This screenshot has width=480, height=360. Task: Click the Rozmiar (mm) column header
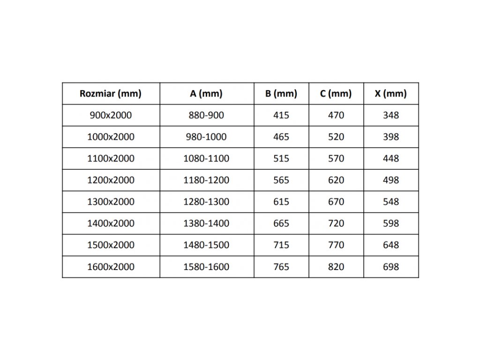pos(111,94)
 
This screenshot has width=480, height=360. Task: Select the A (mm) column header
pos(206,94)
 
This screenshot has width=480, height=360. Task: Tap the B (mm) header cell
pos(281,94)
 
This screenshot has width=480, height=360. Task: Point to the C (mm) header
pos(336,94)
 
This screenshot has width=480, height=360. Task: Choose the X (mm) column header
pos(390,94)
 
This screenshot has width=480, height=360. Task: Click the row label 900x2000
pos(111,115)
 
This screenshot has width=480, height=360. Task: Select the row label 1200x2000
pos(111,180)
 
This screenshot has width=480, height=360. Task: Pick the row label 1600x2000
pos(111,267)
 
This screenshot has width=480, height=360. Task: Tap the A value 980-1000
pos(206,137)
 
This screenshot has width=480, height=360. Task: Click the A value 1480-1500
pos(206,245)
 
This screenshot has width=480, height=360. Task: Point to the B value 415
pos(281,115)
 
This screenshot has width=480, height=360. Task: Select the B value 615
pos(281,202)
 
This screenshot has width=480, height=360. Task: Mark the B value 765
pos(281,267)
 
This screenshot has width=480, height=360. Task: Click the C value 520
pos(336,137)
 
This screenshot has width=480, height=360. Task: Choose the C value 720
pos(336,224)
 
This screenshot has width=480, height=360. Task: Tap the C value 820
pos(336,267)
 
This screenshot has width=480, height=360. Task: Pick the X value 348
pos(390,115)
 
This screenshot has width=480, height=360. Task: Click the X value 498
pos(390,180)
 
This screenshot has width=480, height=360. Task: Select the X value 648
pos(390,245)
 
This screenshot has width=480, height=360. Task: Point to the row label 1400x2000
pos(111,224)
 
